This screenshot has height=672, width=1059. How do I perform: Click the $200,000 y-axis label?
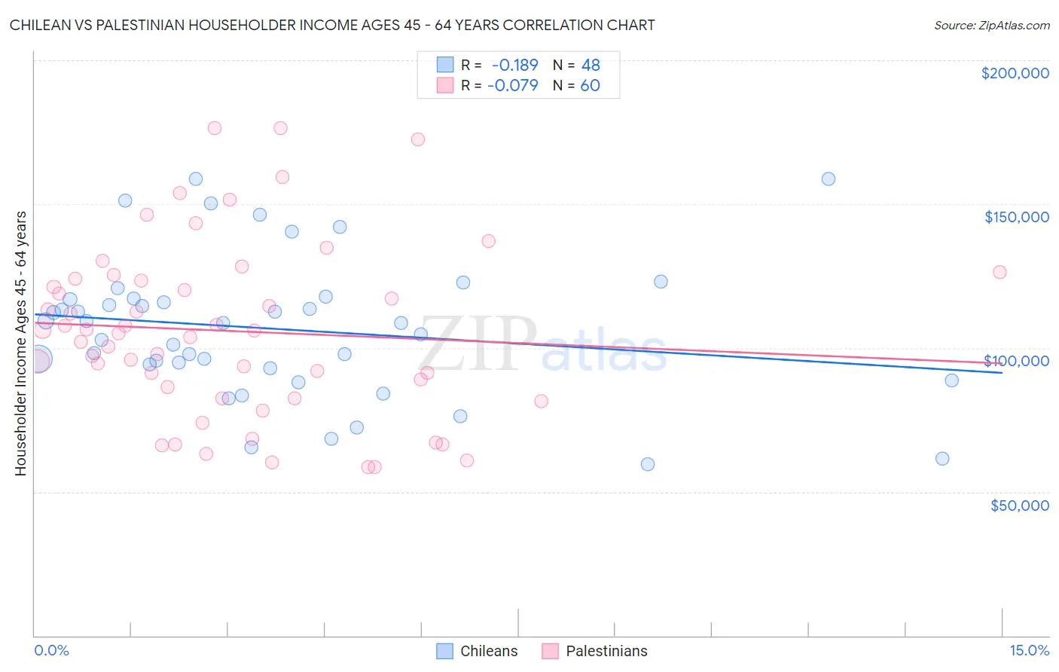1015,73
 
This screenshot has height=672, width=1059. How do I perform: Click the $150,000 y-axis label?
1016,217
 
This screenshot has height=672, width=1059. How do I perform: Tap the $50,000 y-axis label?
1019,505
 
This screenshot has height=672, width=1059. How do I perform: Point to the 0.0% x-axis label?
51,650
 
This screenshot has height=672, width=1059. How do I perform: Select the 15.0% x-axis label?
1029,650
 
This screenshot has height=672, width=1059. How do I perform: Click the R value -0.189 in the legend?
514,66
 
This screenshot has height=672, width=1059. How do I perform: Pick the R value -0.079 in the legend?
512,85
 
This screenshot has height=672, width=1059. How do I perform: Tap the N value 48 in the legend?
591,66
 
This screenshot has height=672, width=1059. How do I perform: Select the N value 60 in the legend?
590,85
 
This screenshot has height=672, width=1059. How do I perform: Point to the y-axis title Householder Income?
20,343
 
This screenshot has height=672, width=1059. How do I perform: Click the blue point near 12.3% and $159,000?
828,179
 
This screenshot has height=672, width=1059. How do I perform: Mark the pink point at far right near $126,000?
999,272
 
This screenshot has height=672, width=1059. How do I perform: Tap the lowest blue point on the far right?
942,458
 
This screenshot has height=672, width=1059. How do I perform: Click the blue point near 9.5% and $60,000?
648,464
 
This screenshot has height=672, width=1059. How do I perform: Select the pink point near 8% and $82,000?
541,401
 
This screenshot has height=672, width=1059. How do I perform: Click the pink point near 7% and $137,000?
488,241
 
